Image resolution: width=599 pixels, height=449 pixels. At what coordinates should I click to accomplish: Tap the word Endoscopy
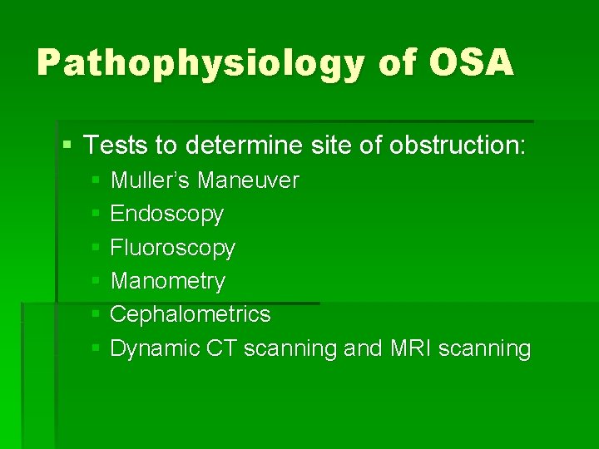166,215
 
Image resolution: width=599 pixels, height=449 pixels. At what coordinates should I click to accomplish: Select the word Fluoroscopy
172,248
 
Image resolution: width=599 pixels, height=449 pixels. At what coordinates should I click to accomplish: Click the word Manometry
167,281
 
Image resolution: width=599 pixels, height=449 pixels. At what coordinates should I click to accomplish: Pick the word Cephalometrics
190,314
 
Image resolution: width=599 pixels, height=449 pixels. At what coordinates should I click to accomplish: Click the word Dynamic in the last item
150,348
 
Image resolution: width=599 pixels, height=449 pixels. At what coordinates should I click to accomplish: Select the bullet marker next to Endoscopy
97,215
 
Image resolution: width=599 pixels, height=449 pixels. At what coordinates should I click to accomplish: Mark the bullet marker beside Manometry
97,281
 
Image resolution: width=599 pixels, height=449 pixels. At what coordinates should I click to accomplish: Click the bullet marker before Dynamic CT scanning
97,348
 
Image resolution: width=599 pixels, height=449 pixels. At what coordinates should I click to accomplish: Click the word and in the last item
363,348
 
